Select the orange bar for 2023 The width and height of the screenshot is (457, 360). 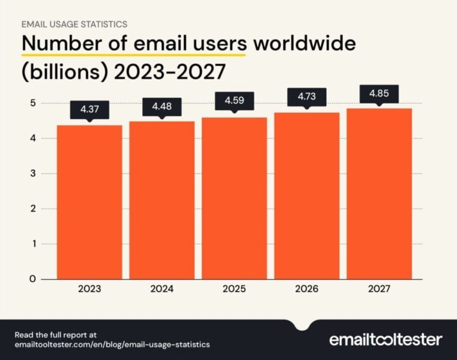(x=89, y=202)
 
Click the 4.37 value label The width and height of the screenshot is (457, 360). (x=89, y=110)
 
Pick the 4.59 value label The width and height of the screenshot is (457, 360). (x=234, y=101)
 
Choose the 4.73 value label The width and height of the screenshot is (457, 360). (x=306, y=96)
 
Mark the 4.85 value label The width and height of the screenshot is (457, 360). (x=379, y=93)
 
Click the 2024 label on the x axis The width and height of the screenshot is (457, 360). (x=162, y=290)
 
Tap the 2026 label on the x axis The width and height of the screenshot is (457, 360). (x=306, y=290)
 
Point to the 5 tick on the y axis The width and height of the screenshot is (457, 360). (x=33, y=104)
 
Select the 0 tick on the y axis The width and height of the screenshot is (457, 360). (x=33, y=278)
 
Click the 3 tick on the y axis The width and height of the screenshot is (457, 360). (x=33, y=174)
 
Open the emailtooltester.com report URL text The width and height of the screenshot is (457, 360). (x=113, y=345)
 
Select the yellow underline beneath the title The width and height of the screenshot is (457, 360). (x=134, y=55)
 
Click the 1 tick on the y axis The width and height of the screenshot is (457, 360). (x=33, y=244)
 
